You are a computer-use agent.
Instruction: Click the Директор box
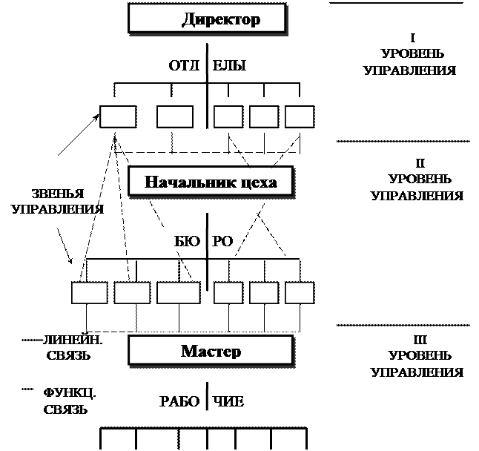pos(208,19)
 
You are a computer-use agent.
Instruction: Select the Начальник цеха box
pos(211,182)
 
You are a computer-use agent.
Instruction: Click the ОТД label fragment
pos(181,65)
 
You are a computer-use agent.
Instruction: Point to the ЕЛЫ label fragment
pos(231,65)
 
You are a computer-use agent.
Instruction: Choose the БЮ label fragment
pos(185,241)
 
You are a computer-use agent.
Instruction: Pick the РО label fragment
pos(223,241)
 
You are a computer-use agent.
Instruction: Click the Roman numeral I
pos(412,38)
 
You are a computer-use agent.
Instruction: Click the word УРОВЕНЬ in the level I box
pos(413,54)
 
